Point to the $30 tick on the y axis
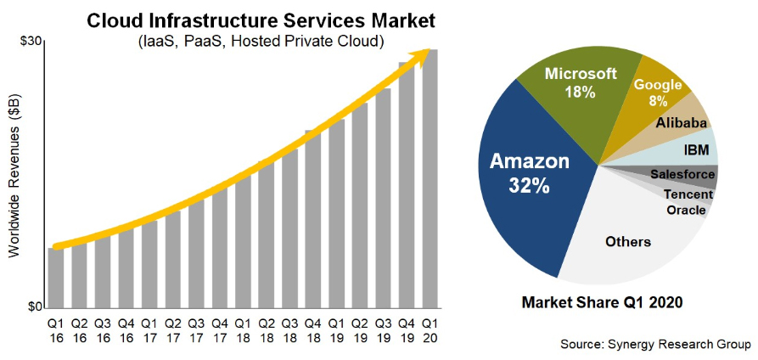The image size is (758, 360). [31, 42]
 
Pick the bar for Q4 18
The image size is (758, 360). [313, 221]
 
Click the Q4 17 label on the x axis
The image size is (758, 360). [220, 329]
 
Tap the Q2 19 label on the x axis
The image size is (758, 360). [360, 329]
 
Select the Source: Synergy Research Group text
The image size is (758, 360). [654, 344]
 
